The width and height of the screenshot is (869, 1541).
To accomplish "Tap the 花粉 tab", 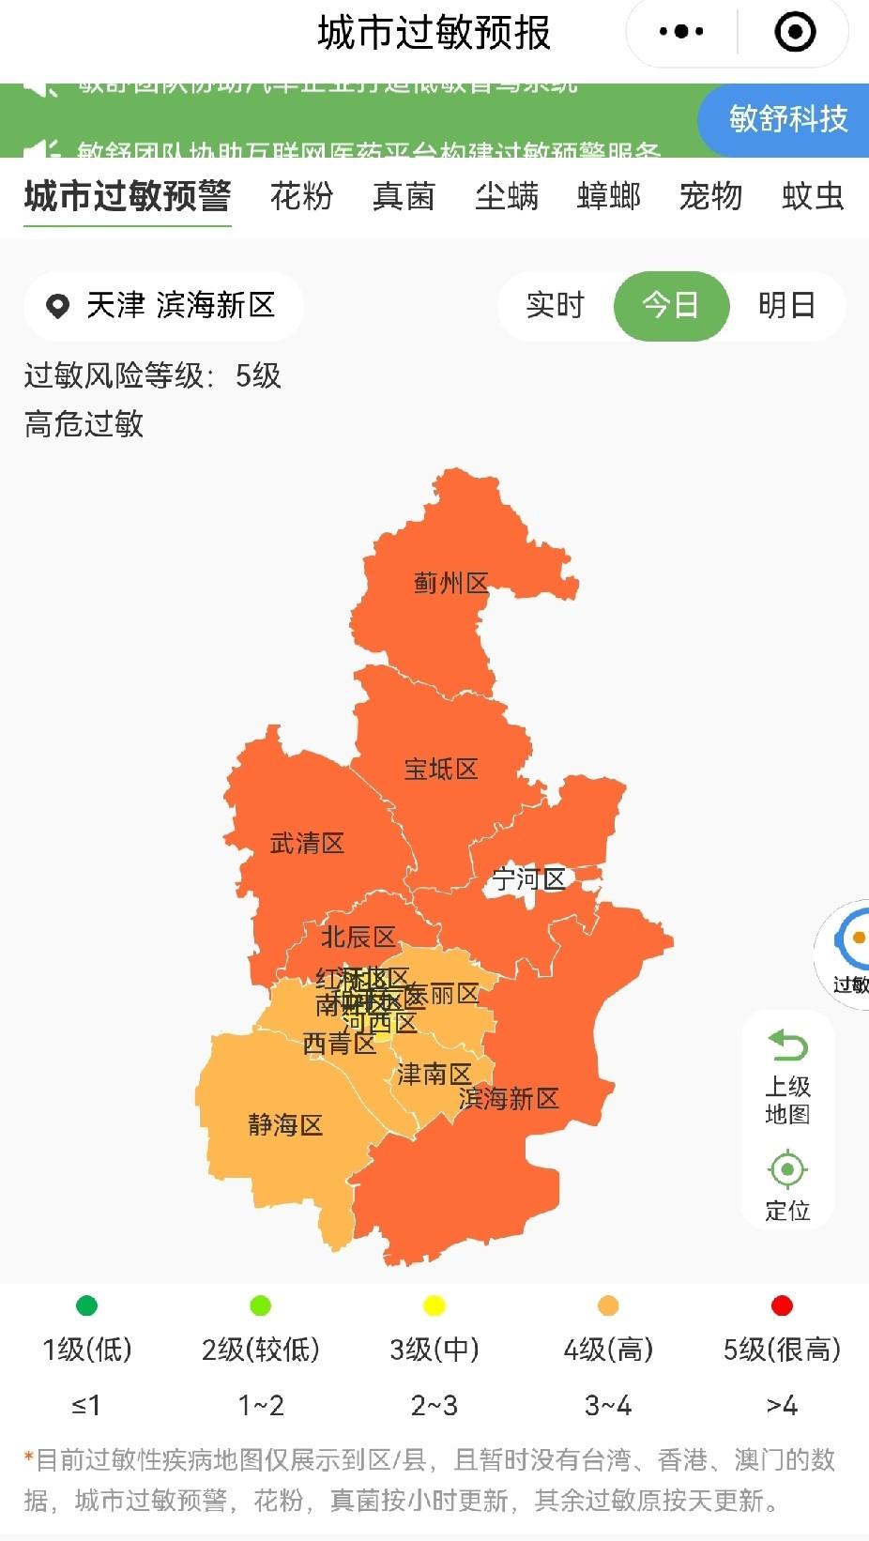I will [x=301, y=196].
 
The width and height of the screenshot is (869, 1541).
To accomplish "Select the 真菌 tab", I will [x=404, y=196].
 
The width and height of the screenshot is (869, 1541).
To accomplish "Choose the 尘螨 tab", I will [x=507, y=196].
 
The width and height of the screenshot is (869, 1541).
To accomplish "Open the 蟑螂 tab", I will [x=609, y=196].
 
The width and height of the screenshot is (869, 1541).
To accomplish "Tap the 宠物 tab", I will [x=710, y=196].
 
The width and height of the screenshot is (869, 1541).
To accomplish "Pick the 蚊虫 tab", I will [x=813, y=196].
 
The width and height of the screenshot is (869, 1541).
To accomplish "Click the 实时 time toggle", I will [x=555, y=305].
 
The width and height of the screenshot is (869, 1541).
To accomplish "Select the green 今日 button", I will [x=671, y=305].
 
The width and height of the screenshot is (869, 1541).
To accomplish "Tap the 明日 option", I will [x=786, y=305].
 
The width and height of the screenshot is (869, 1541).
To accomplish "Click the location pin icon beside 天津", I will [x=58, y=306].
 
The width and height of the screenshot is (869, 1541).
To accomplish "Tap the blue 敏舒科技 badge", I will [x=786, y=118].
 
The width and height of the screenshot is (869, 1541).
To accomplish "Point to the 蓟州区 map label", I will [x=451, y=583].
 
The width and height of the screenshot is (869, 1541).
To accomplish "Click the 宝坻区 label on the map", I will [x=441, y=770].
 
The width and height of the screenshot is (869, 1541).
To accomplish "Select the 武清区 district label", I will [x=307, y=844].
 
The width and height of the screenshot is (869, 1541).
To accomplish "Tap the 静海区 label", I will [x=285, y=1124].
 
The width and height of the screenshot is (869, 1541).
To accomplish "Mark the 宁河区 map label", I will [x=529, y=879].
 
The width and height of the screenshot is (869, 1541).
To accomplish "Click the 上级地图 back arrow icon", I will [x=787, y=1045].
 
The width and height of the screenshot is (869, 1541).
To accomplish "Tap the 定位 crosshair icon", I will [x=787, y=1169].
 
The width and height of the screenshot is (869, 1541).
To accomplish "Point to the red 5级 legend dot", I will [x=782, y=1305].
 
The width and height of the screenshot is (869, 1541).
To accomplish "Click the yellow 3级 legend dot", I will [x=434, y=1305].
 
